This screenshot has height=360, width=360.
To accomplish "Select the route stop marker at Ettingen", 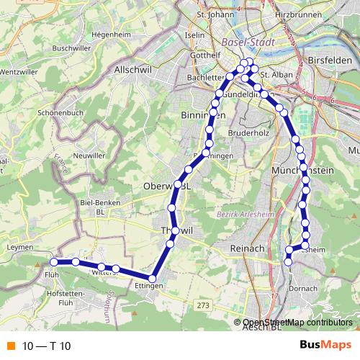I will click(153, 279).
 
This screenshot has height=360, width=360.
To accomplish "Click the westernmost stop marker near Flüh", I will click(53, 261).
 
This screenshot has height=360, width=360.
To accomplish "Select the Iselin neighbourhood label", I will click(195, 35).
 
